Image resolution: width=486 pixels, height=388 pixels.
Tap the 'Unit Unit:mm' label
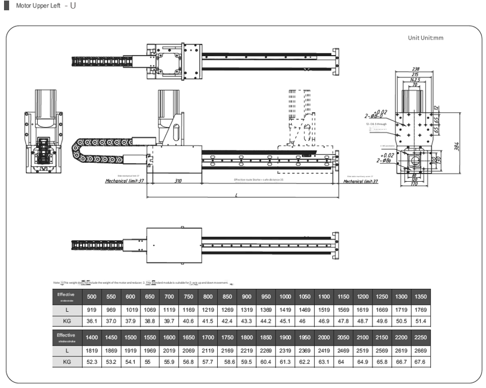(425, 37)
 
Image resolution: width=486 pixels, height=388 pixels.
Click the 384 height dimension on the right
(456, 147)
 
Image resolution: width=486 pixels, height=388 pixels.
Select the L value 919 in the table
(92, 310)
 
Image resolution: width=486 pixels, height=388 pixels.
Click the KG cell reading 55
(150, 361)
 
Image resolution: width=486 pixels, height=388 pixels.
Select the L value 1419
(285, 310)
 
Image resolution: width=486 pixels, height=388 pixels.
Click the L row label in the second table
(67, 350)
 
